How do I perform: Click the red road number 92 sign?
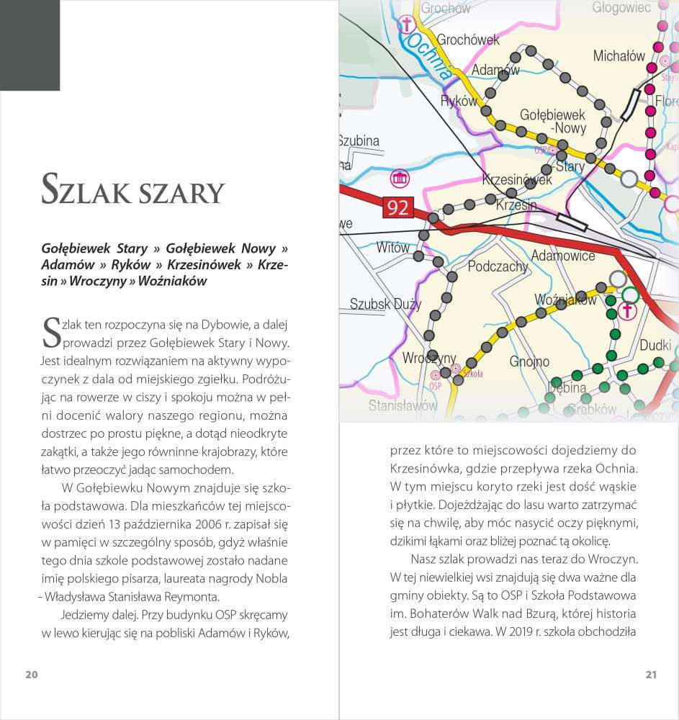(397, 208)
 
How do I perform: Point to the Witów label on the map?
(393, 248)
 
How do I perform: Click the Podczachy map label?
(498, 266)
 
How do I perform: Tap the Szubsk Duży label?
(385, 304)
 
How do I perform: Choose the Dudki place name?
(655, 345)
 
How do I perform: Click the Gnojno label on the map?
(529, 361)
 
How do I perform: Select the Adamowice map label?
(562, 256)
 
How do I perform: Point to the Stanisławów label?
(403, 405)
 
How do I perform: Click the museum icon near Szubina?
(399, 178)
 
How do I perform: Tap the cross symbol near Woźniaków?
(627, 311)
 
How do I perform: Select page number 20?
(31, 675)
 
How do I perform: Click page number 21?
(651, 675)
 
